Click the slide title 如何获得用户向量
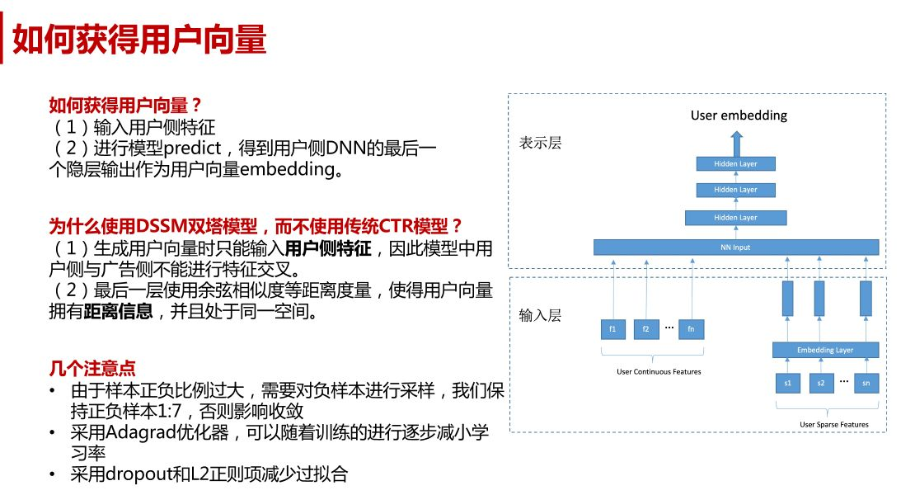point(139,39)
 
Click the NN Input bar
point(736,247)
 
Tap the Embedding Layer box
point(825,350)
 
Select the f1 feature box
point(612,329)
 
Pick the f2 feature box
point(646,329)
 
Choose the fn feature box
point(692,329)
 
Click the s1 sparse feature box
point(788,383)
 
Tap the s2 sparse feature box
point(821,383)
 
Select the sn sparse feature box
point(866,383)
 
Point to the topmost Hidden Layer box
point(735,164)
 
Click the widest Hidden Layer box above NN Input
point(735,217)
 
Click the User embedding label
point(739,115)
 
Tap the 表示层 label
point(540,143)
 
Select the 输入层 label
point(540,315)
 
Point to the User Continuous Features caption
point(659,372)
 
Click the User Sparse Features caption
point(834,425)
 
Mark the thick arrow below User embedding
point(737,144)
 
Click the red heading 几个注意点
point(92,368)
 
